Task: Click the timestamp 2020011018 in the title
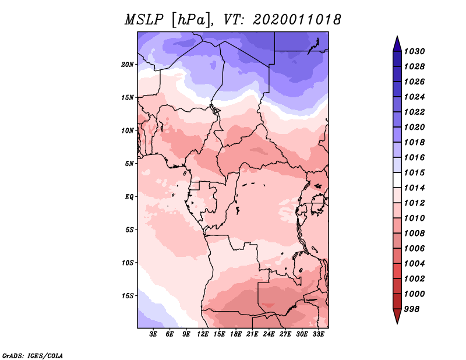(x=296, y=20)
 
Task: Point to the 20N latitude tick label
(x=128, y=64)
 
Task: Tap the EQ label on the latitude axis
(x=129, y=196)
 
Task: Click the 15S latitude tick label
(x=128, y=295)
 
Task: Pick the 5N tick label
(x=129, y=163)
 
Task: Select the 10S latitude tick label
(x=128, y=263)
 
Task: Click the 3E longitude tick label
(x=154, y=335)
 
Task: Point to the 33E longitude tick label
(x=319, y=335)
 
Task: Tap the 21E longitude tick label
(x=253, y=335)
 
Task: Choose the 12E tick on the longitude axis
(x=203, y=335)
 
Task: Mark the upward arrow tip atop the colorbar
(x=396, y=37)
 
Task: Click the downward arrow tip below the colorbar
(x=396, y=322)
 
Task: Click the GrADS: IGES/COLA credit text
(x=33, y=355)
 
